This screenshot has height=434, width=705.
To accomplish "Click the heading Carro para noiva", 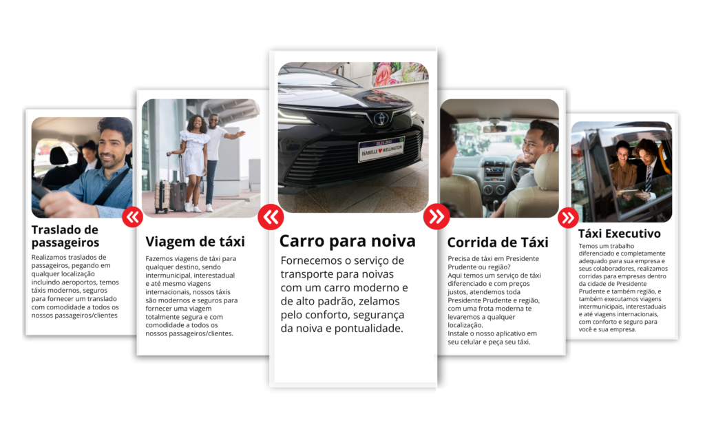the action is (x=347, y=241).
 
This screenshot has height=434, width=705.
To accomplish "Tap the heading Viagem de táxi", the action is (x=195, y=242).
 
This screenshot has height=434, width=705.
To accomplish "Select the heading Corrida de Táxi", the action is (x=498, y=242).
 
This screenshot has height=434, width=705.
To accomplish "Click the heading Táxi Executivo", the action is (x=619, y=234).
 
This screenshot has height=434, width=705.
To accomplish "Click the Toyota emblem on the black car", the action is (x=381, y=118).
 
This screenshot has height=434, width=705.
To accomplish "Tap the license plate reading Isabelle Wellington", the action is (x=381, y=149).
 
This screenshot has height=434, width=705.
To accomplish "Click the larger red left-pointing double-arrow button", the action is (x=271, y=217).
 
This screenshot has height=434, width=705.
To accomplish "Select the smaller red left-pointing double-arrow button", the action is (x=133, y=217).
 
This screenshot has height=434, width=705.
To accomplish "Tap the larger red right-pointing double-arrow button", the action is (x=436, y=217).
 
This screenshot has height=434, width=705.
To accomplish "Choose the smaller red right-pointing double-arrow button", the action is (x=568, y=218).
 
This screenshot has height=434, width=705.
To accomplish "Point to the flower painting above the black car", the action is (x=400, y=74).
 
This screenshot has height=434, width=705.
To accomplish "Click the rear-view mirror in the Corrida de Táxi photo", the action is (x=494, y=128).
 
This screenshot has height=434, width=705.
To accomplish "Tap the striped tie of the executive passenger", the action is (x=649, y=178).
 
